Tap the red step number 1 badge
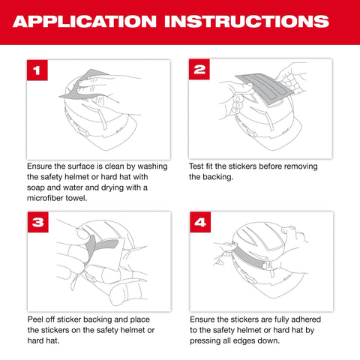pos(37,70)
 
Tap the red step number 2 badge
pos(199,70)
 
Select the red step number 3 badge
pos(37,223)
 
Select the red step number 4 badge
pos(199,223)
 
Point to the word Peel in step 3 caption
pos(37,319)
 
